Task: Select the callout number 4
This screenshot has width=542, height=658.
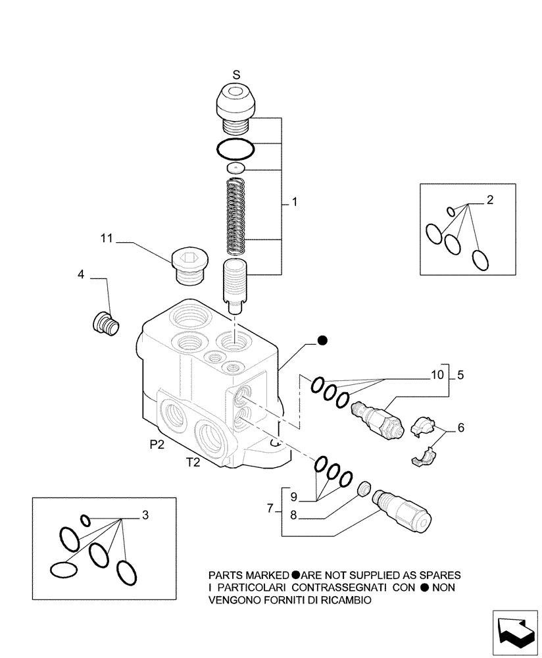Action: pyautogui.click(x=81, y=273)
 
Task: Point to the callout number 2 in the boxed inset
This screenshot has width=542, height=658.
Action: pyautogui.click(x=489, y=200)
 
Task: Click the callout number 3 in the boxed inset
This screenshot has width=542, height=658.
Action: pyautogui.click(x=145, y=515)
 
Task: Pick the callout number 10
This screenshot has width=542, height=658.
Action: pyautogui.click(x=437, y=376)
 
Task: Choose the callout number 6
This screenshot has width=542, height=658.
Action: pyautogui.click(x=460, y=428)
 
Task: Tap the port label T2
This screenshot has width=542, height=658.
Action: pyautogui.click(x=192, y=463)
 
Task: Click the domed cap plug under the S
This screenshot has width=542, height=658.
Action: pyautogui.click(x=235, y=102)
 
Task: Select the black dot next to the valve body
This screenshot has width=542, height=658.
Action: pyautogui.click(x=322, y=340)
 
